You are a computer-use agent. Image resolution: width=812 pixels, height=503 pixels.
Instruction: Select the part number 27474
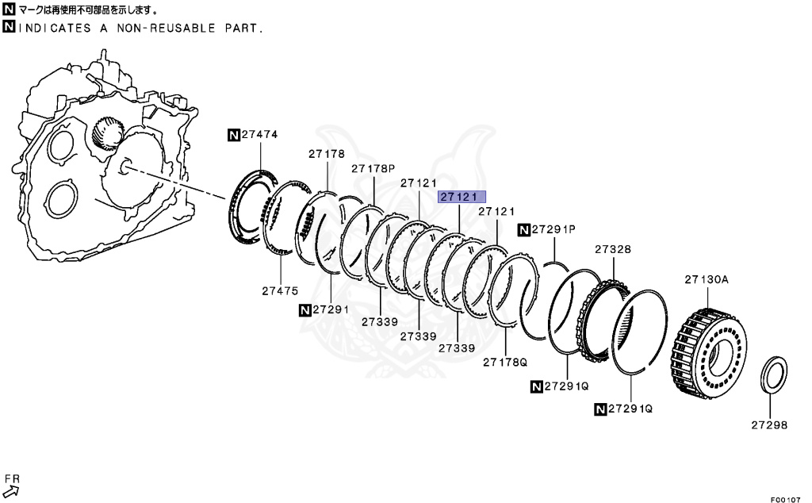260,135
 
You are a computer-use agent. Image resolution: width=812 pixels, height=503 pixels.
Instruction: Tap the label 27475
280,290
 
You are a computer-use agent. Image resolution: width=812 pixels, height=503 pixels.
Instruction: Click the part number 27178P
373,168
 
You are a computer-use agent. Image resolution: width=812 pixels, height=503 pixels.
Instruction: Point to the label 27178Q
505,362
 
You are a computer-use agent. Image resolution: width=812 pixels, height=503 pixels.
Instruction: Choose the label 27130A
707,278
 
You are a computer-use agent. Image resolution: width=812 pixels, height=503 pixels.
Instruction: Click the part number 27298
769,424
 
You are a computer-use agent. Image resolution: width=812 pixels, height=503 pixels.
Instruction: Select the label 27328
613,249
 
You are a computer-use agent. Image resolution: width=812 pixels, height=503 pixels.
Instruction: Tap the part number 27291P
554,230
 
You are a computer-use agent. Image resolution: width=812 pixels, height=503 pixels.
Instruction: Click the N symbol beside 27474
234,135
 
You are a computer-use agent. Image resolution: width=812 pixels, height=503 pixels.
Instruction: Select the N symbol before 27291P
523,230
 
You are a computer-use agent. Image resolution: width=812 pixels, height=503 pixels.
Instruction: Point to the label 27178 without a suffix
327,154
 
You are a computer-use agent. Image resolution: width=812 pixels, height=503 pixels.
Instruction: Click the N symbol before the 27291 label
305,309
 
